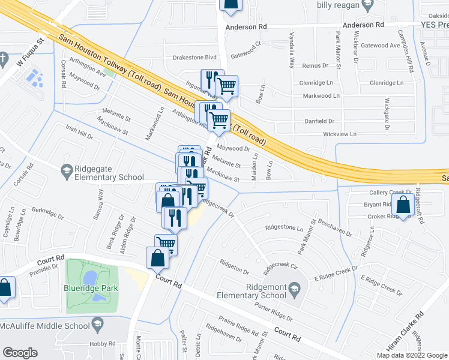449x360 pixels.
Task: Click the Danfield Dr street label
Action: tap(319, 121)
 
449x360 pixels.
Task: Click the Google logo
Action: tap(20, 353)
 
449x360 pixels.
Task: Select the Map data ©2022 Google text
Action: tap(411, 355)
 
